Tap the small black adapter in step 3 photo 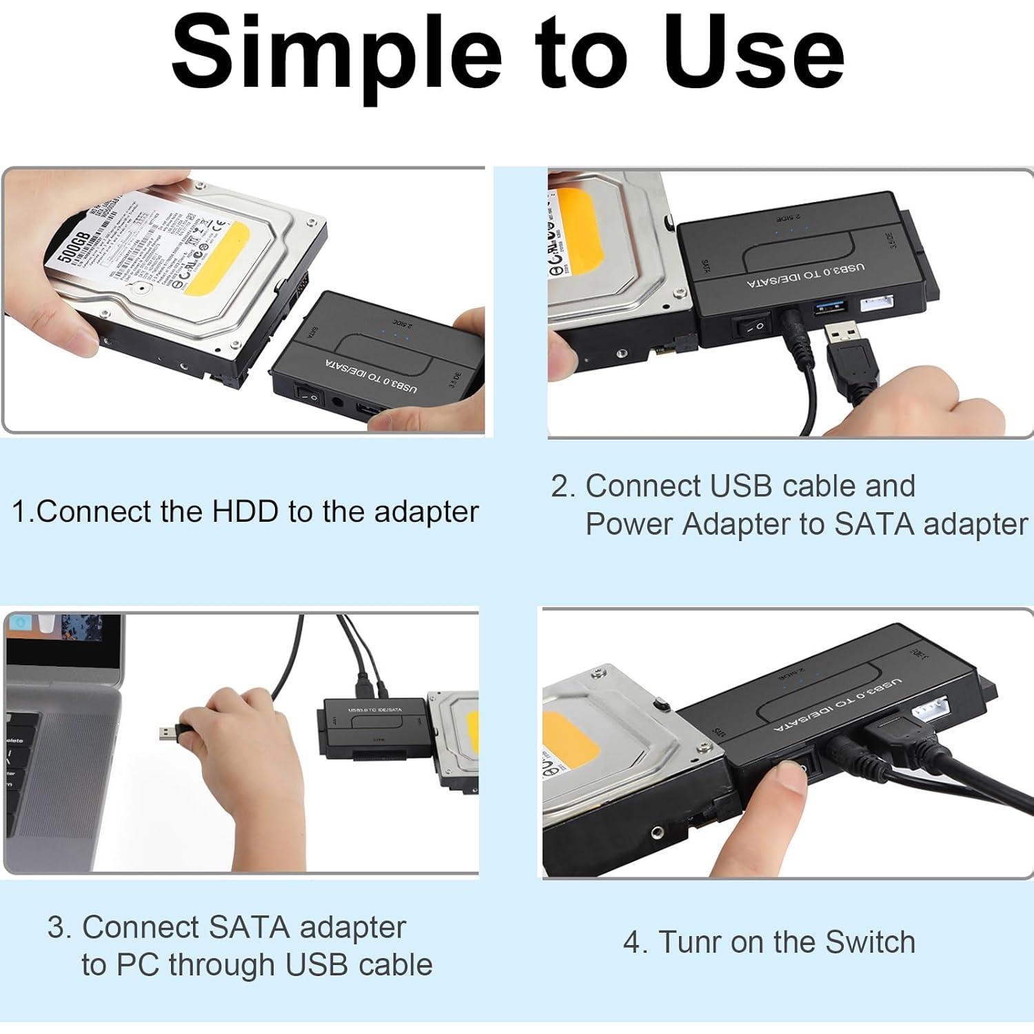[373, 727]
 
